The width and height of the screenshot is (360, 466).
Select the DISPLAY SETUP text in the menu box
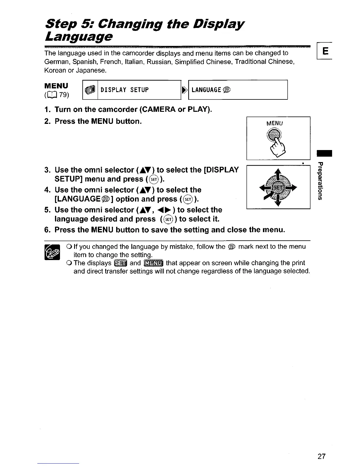pyautogui.click(x=124, y=90)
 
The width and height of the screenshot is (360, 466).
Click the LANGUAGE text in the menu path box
pyautogui.click(x=206, y=90)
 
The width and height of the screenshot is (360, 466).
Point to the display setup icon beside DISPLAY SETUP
pyautogui.click(x=90, y=90)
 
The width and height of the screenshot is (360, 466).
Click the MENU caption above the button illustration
pyautogui.click(x=274, y=123)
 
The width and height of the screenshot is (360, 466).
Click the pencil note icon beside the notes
pyautogui.click(x=52, y=252)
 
